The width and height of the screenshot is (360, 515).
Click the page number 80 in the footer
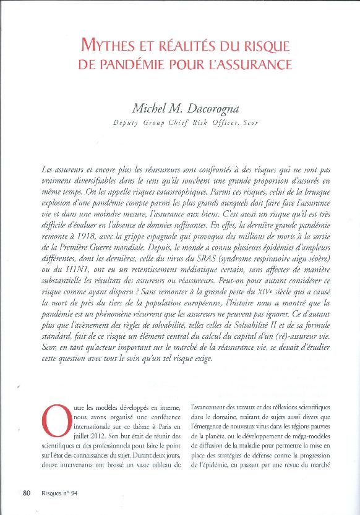[27, 493]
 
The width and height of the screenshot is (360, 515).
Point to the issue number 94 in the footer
[72, 493]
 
